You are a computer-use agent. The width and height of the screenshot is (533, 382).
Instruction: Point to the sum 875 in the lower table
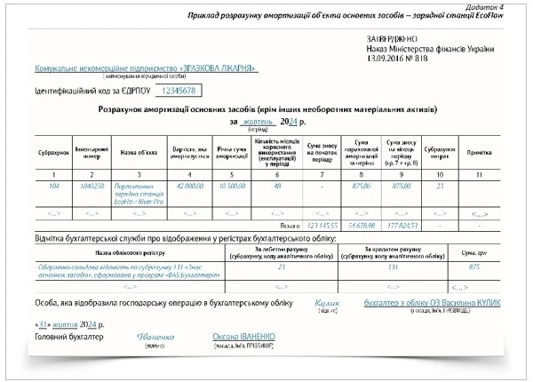coord(474,266)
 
